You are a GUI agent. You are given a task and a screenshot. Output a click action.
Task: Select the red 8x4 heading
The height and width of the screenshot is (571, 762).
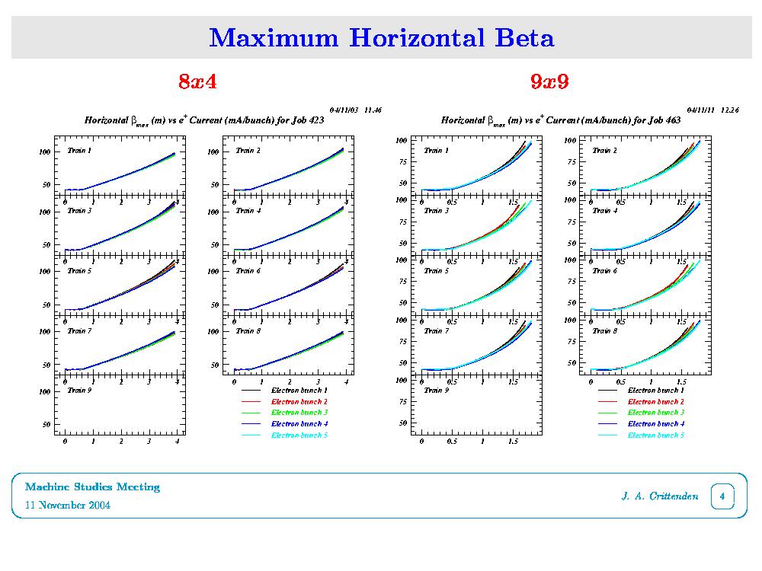(197, 81)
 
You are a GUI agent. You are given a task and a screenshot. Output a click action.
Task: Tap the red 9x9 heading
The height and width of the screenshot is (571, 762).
(550, 81)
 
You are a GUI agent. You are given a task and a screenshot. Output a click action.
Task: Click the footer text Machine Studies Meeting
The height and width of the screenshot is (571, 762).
(92, 486)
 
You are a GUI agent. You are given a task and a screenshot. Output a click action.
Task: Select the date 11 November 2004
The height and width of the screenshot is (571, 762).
(68, 506)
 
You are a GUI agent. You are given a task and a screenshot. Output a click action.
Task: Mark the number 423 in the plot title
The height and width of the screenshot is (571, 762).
(315, 120)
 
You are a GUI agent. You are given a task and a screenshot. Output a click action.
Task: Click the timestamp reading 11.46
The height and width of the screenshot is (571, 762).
(373, 110)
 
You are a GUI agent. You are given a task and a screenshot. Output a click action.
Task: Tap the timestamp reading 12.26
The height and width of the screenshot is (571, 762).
(729, 110)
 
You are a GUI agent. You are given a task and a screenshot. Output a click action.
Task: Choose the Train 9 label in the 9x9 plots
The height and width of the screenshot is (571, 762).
(436, 390)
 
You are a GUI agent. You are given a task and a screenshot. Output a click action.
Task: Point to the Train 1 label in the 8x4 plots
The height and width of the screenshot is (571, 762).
(79, 151)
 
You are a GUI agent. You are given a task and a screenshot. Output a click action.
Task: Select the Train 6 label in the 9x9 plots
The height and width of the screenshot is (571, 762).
(604, 270)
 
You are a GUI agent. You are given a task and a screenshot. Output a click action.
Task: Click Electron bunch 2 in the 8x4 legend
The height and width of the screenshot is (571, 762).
(299, 400)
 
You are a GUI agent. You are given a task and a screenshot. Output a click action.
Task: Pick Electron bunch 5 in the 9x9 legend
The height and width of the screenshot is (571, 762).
(656, 435)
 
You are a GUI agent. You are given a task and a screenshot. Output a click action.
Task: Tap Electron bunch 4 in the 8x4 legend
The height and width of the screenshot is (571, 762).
(299, 423)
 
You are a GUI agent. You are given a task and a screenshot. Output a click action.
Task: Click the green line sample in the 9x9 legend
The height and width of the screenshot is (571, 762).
(607, 412)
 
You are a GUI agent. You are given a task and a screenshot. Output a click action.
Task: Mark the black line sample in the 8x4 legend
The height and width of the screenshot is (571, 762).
(251, 390)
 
